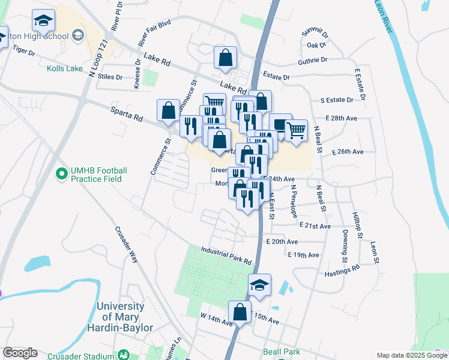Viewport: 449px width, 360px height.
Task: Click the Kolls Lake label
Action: click(65, 68)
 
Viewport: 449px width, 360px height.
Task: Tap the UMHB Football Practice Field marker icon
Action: click(61, 175)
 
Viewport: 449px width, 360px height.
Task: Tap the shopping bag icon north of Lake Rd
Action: click(226, 58)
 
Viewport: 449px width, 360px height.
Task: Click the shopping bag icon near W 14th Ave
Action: click(240, 312)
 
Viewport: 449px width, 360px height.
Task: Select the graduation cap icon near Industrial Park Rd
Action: click(259, 285)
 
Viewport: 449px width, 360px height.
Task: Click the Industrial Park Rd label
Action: click(226, 256)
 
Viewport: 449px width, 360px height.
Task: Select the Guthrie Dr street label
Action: click(312, 61)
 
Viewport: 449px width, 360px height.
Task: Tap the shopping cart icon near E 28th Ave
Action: click(295, 130)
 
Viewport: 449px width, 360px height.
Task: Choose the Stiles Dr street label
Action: click(110, 77)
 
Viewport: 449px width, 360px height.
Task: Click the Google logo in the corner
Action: click(20, 353)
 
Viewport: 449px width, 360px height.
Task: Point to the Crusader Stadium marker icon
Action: click(124, 355)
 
